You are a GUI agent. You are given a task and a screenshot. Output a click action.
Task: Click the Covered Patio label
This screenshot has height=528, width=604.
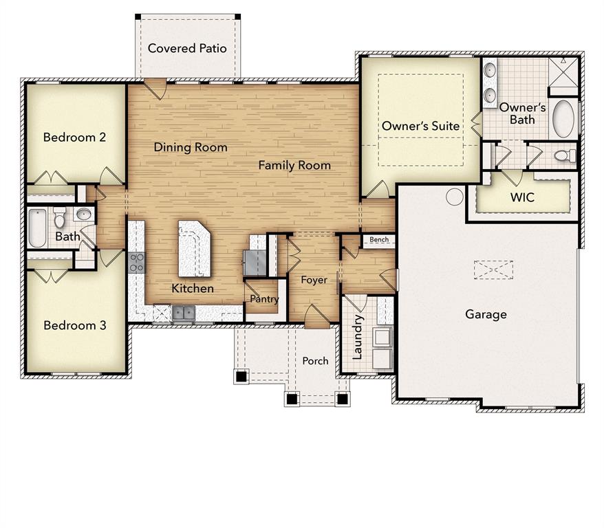point(187,48)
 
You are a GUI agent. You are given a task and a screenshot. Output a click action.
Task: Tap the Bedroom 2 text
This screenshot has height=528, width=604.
point(74,137)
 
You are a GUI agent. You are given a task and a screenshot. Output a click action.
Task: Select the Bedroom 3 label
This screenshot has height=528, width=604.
point(74,324)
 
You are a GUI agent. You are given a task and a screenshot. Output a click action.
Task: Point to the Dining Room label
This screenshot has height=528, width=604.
point(190,147)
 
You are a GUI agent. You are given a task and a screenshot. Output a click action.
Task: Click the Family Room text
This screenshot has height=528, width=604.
point(294,165)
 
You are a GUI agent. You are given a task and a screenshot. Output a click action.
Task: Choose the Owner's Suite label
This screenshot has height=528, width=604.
point(420,126)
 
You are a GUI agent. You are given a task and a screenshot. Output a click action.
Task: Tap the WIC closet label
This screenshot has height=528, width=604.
point(522,197)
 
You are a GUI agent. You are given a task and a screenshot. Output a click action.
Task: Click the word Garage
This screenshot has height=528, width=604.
point(486,314)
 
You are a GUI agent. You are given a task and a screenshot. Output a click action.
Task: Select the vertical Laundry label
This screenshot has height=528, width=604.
point(357,338)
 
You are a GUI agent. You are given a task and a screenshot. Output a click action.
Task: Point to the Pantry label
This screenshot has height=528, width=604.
point(264,299)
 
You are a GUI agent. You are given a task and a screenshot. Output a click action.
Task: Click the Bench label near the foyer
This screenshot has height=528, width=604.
point(379,240)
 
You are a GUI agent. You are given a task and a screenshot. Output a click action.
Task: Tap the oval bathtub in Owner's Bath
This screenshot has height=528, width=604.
point(563,118)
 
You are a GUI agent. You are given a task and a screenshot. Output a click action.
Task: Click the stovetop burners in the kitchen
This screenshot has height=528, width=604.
point(136,263)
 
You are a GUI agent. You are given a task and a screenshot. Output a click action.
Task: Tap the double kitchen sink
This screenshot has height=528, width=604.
point(183,313)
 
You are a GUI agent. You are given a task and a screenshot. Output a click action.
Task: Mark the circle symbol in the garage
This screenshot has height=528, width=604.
point(454,197)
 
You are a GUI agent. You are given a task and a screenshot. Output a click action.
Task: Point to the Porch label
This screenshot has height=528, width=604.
point(315,361)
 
